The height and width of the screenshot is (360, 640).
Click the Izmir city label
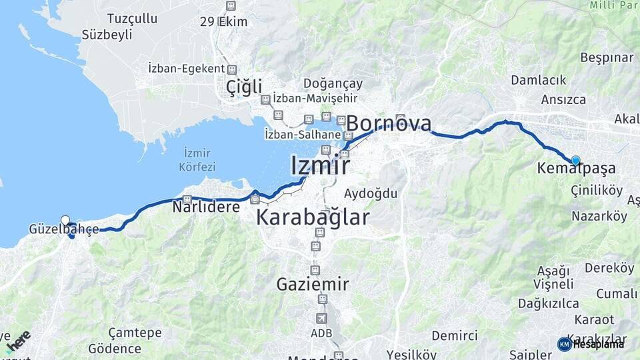[x=320, y=165]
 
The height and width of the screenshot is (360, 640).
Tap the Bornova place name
[x=389, y=124]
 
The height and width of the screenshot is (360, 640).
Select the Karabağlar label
[x=313, y=217]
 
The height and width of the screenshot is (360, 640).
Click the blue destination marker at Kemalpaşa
[x=575, y=160]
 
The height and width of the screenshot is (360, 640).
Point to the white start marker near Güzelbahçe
[x=65, y=220]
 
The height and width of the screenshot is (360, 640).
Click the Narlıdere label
[x=206, y=207]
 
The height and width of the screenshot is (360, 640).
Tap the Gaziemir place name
[x=313, y=285]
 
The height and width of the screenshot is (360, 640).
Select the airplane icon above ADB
[x=322, y=318]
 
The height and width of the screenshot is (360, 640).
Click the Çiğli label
[x=244, y=87]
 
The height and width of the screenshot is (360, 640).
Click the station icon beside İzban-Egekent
[x=231, y=69]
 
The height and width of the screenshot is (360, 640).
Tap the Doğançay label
[x=333, y=84]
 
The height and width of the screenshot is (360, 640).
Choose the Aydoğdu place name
[x=371, y=194]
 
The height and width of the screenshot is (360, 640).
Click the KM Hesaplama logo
[x=591, y=344]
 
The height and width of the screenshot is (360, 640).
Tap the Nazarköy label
[x=599, y=216]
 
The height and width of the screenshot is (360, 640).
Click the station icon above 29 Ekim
[x=231, y=6]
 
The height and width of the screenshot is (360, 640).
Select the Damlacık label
[x=539, y=80]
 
